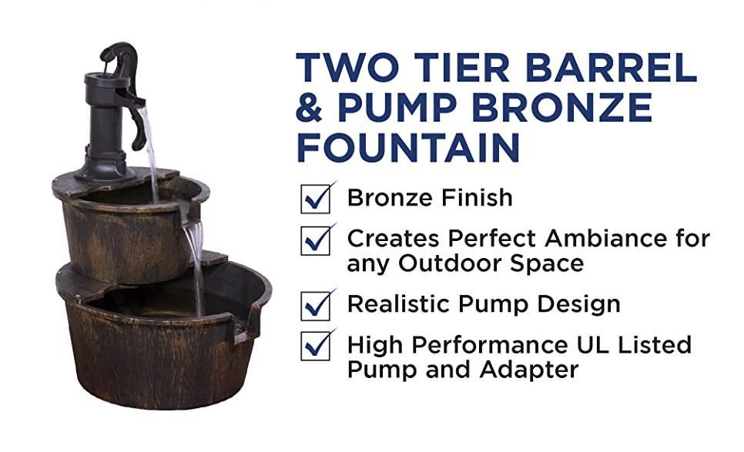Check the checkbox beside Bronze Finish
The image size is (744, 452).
tap(316, 199)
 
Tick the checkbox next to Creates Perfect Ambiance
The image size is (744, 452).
tap(316, 240)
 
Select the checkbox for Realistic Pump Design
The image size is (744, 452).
tap(316, 305)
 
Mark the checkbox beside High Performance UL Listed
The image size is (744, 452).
tap(316, 346)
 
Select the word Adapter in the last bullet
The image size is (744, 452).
tap(529, 370)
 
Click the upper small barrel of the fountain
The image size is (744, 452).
tap(123, 231)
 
